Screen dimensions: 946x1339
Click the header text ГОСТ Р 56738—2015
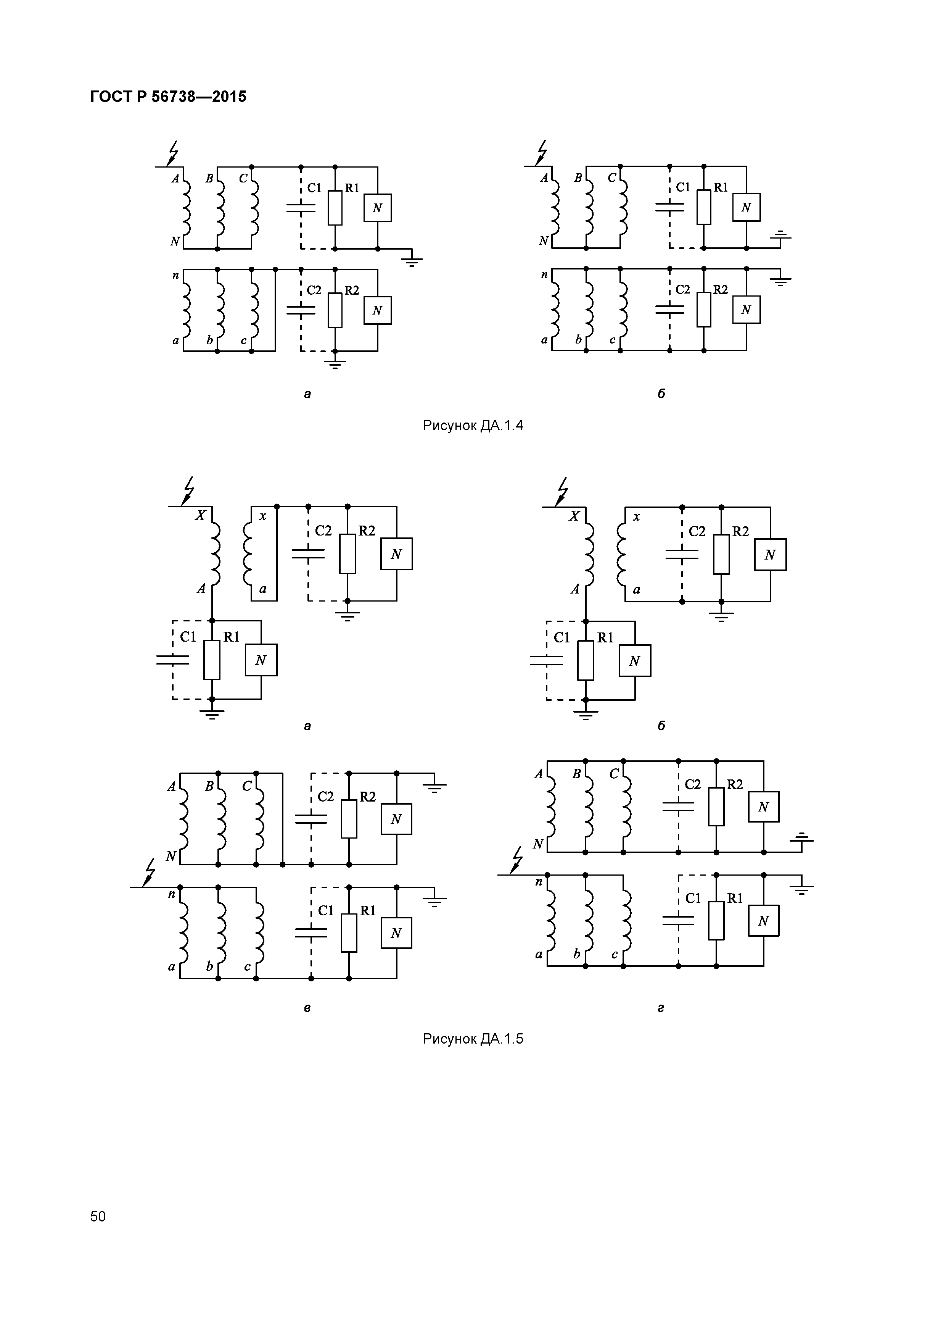pos(169,97)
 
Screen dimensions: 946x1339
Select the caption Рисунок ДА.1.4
pos(473,426)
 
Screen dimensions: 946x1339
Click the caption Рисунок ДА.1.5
pos(473,1039)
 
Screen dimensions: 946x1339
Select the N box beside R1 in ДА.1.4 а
pos(378,208)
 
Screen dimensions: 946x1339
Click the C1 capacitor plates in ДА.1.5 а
pos(172,660)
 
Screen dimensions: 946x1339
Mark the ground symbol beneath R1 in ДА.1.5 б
pos(586,715)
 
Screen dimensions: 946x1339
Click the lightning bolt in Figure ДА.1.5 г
pos(516,861)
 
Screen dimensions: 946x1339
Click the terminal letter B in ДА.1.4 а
pos(209,179)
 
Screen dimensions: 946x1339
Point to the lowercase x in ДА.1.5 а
pos(263,516)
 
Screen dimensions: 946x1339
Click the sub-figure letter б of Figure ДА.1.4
pos(661,394)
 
